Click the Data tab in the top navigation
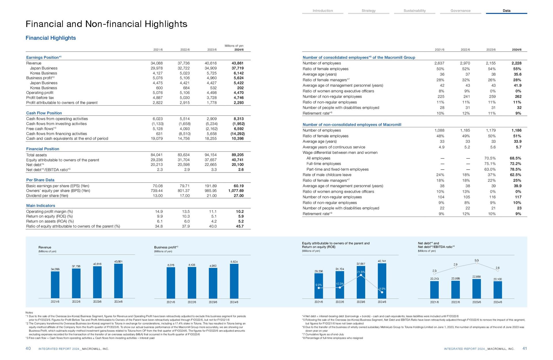[x=506, y=11]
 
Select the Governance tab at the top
[x=460, y=11]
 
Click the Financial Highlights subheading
[x=51, y=38]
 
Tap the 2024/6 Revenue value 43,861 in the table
[x=238, y=63]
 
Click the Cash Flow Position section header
[x=44, y=113]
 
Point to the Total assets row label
[x=36, y=155]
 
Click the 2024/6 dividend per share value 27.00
[x=238, y=196]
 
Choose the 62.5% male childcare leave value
[x=516, y=175]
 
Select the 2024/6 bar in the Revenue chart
[x=118, y=281]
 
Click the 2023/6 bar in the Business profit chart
[x=213, y=283]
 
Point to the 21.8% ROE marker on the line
[x=361, y=275]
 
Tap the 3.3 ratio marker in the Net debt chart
[x=477, y=263]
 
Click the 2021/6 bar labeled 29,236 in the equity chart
[x=319, y=286]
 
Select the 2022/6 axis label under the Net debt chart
[x=455, y=302]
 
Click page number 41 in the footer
[x=525, y=348]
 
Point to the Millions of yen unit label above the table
[x=234, y=46]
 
